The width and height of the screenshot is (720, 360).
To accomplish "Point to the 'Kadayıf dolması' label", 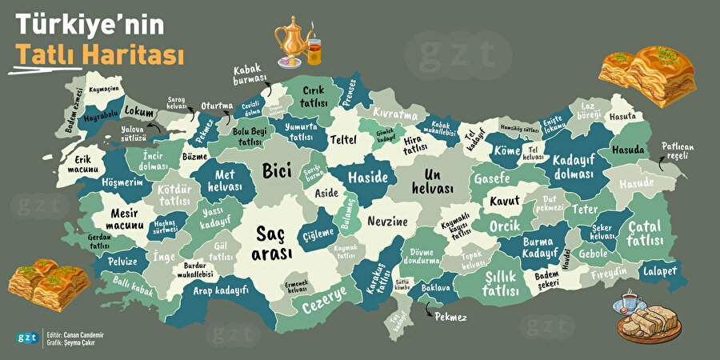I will pyautogui.click(x=574, y=165).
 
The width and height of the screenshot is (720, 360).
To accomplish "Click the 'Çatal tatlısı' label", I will pyautogui.click(x=644, y=232).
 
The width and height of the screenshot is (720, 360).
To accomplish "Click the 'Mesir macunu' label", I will pyautogui.click(x=123, y=220).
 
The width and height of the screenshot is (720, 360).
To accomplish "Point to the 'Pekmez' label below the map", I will pyautogui.click(x=450, y=317).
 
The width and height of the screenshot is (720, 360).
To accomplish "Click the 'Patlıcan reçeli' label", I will pyautogui.click(x=674, y=150).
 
